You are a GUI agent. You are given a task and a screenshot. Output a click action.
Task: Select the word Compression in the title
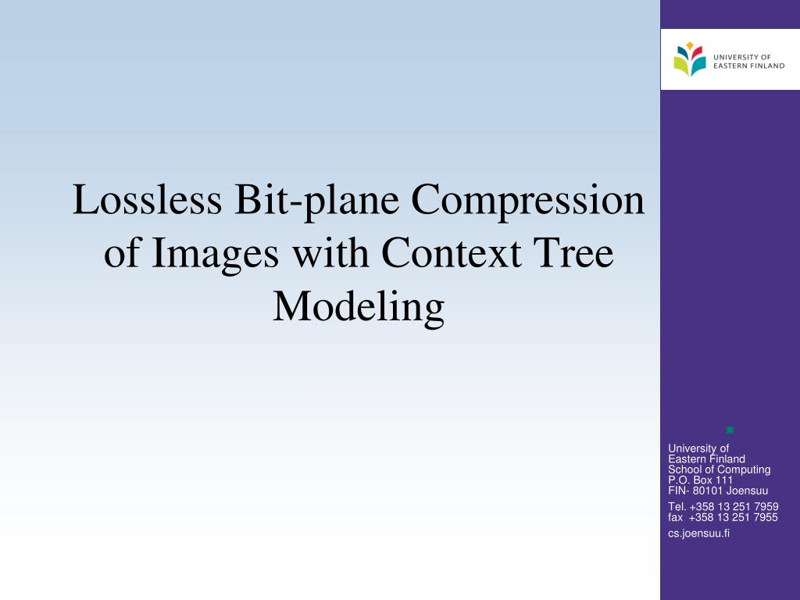[528, 202]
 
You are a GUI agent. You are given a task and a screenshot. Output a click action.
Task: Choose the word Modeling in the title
[359, 307]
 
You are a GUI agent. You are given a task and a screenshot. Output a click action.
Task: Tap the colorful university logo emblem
[689, 59]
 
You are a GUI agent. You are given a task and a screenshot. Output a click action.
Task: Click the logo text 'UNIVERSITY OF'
[742, 57]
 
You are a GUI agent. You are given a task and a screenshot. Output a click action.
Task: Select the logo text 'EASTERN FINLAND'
[749, 66]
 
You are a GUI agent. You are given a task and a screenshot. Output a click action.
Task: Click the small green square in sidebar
[730, 430]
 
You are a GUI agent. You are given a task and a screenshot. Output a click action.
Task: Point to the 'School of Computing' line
[719, 470]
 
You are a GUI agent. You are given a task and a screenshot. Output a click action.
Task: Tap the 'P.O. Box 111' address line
[700, 480]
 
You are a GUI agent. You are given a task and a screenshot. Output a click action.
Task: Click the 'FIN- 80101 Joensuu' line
[718, 491]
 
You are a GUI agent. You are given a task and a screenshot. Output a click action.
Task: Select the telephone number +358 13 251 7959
[734, 506]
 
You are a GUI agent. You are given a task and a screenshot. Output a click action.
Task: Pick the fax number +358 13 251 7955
[734, 516]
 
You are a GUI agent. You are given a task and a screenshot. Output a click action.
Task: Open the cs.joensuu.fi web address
[698, 533]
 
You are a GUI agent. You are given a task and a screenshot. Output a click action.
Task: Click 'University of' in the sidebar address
[698, 448]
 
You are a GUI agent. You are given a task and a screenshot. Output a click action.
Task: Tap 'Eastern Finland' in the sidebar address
[706, 459]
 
